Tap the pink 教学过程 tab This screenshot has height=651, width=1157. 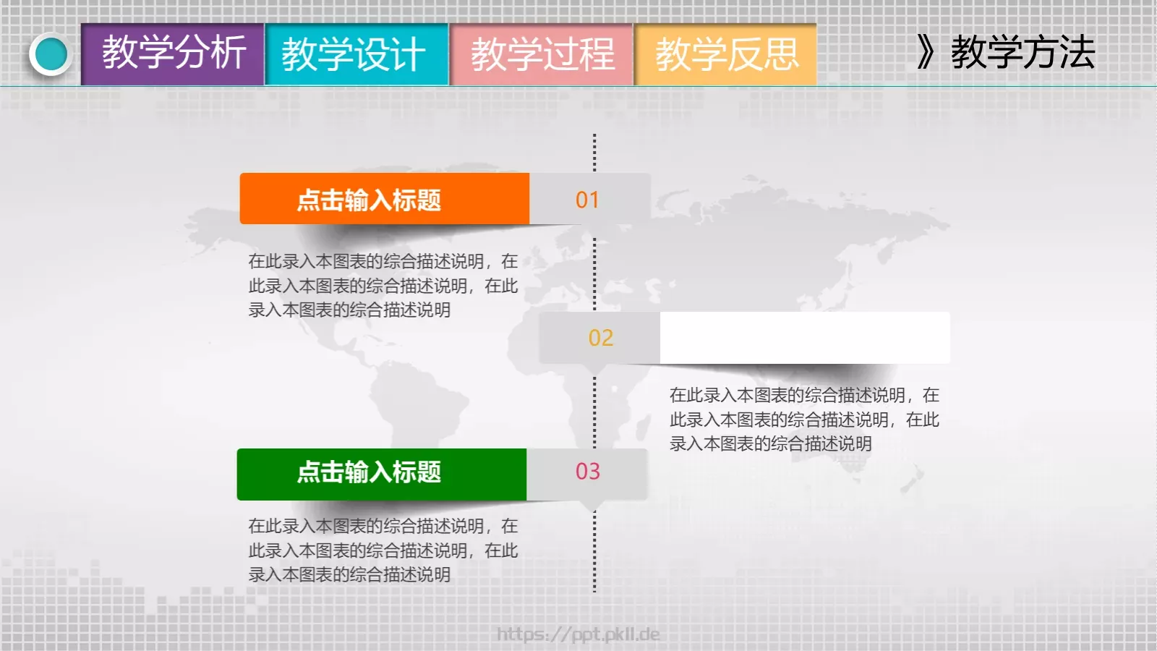pos(542,54)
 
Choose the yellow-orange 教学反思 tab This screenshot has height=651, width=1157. pos(726,54)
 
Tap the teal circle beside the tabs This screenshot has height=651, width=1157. pos(51,54)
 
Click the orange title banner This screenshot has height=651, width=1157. pos(384,199)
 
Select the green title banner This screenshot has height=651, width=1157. pos(381,474)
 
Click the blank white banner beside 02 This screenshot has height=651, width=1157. pos(804,338)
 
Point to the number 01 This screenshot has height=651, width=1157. pos(587,200)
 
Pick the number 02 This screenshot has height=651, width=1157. pos(600,338)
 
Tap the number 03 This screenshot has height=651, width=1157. pos(587,472)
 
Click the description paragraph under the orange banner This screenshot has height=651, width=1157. pos(383,285)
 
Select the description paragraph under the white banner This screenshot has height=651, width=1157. pos(803,419)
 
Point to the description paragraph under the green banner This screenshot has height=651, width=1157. pos(383,550)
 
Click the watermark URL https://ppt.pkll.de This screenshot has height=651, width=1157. pos(578,634)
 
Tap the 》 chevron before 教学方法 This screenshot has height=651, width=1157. pos(926,53)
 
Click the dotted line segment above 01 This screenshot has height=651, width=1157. pos(594,152)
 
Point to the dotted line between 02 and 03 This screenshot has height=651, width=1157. pos(594,412)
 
